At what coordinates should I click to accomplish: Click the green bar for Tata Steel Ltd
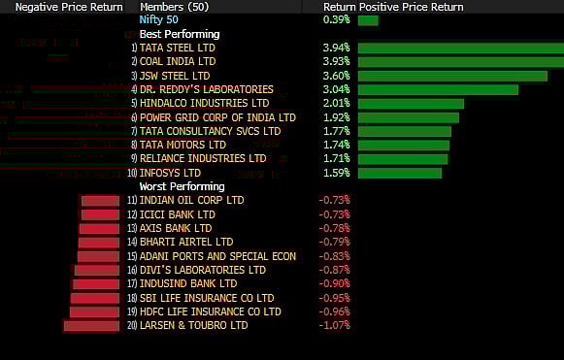pyautogui.click(x=458, y=48)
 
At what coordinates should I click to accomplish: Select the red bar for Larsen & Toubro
pyautogui.click(x=91, y=326)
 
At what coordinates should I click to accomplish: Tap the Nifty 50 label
pyautogui.click(x=158, y=20)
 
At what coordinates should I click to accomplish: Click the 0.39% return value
pyautogui.click(x=336, y=20)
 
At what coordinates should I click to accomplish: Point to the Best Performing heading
pyautogui.click(x=180, y=34)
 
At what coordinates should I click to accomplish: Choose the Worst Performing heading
pyautogui.click(x=182, y=186)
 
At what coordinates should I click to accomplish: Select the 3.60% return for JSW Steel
pyautogui.click(x=336, y=76)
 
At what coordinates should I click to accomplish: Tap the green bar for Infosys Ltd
pyautogui.click(x=400, y=173)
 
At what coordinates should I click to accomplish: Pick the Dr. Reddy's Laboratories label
pyautogui.click(x=207, y=89)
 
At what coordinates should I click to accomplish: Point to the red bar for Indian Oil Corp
pyautogui.click(x=100, y=201)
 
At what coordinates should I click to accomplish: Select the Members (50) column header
pyautogui.click(x=172, y=7)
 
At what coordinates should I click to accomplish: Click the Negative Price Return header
pyautogui.click(x=50, y=7)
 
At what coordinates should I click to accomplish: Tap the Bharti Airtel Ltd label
pyautogui.click(x=186, y=242)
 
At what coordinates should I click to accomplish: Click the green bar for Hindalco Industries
pyautogui.click(x=411, y=104)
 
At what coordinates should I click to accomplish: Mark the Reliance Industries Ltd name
pyautogui.click(x=203, y=158)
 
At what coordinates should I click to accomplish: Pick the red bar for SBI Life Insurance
pyautogui.click(x=94, y=298)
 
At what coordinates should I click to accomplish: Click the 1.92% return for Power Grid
pyautogui.click(x=336, y=117)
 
